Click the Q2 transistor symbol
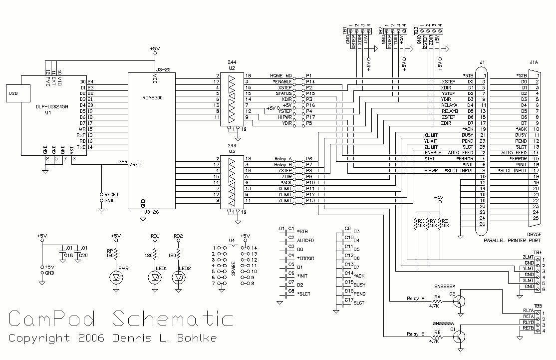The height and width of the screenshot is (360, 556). [462, 302]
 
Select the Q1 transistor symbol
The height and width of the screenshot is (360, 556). [462, 338]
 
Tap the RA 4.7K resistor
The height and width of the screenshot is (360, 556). [438, 302]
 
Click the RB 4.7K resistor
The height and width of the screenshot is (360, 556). [438, 338]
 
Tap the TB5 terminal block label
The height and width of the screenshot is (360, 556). [537, 306]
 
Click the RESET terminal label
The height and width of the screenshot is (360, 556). [112, 194]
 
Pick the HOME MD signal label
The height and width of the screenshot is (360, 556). [280, 75]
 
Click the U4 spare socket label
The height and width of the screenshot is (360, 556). [232, 240]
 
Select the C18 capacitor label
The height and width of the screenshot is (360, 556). [68, 255]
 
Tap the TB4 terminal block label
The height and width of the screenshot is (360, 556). [537, 252]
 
